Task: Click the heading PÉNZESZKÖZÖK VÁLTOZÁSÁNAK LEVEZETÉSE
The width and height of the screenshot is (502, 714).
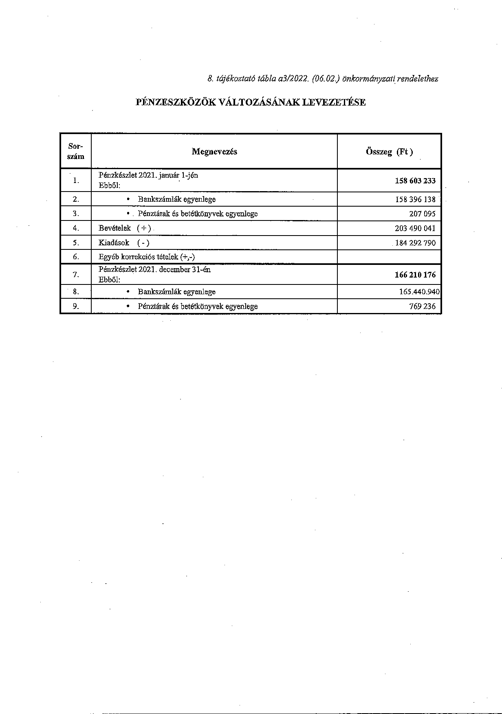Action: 251,102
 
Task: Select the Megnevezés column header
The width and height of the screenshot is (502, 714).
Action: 214,152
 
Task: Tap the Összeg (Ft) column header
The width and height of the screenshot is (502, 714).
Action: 389,152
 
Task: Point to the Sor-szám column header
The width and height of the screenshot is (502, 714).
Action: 76,151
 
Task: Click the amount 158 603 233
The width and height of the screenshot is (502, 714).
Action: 415,181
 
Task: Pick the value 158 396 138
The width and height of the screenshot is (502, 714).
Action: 415,199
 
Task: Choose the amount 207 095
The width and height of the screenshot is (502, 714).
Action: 422,214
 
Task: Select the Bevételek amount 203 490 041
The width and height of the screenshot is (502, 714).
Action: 415,228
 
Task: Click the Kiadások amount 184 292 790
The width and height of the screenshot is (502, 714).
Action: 415,243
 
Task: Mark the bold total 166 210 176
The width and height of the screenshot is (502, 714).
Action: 415,275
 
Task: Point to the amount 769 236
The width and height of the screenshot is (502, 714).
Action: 422,306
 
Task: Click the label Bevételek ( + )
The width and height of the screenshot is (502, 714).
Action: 125,228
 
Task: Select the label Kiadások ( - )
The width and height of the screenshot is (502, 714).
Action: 124,243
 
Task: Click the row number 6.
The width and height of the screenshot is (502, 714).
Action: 76,257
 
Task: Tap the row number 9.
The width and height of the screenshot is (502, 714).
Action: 76,306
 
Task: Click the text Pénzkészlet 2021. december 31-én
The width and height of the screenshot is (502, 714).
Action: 154,270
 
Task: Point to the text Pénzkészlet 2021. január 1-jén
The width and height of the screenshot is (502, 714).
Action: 148,175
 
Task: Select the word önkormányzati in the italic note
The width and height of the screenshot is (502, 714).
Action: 369,79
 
